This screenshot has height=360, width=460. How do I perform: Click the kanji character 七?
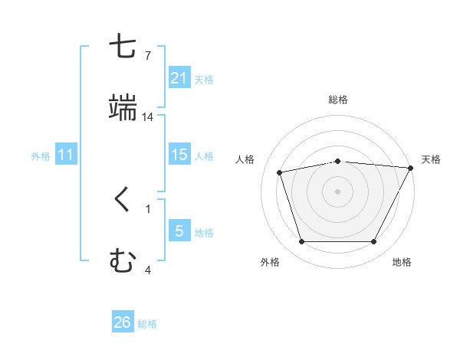pos(123,47)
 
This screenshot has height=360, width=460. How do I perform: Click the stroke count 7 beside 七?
pos(148,56)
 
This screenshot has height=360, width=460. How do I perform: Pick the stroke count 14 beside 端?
pos(148,117)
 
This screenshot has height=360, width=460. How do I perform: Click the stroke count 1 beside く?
pos(148,208)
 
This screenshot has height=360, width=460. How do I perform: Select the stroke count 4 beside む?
pos(148,270)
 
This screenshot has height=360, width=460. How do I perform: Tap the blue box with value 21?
pos(179,78)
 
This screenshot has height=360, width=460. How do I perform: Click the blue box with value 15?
pos(179,155)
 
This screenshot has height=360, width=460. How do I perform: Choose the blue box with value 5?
pos(179,231)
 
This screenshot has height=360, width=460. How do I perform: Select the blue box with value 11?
pos(66,155)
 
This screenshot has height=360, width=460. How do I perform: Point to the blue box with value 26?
pos(123,323)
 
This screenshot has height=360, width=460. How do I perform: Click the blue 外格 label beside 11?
pos(41,156)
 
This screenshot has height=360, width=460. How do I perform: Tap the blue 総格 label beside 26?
pos(147,324)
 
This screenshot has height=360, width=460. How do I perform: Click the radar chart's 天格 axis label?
pos(431,159)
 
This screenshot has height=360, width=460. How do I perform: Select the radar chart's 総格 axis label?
pos(338,100)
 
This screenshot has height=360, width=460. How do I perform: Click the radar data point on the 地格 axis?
pos(374,242)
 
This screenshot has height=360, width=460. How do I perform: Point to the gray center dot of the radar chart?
pos(338,191)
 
